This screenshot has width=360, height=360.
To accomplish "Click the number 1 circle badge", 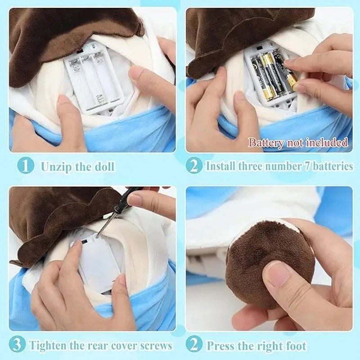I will point(26,166).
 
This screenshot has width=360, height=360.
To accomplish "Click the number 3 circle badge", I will point(17,345).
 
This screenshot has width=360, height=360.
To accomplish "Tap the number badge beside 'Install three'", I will point(194,166).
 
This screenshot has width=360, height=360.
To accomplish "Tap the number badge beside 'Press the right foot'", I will point(194,345).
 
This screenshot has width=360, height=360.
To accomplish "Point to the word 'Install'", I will point(221,166).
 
